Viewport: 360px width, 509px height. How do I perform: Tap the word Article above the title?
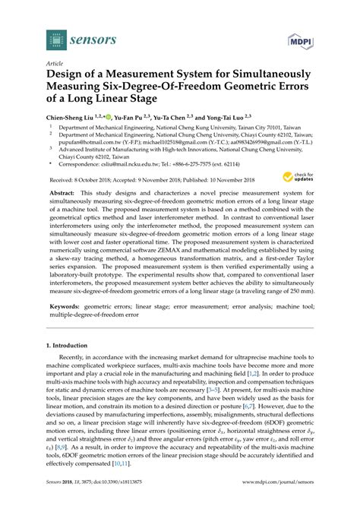point(56,65)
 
